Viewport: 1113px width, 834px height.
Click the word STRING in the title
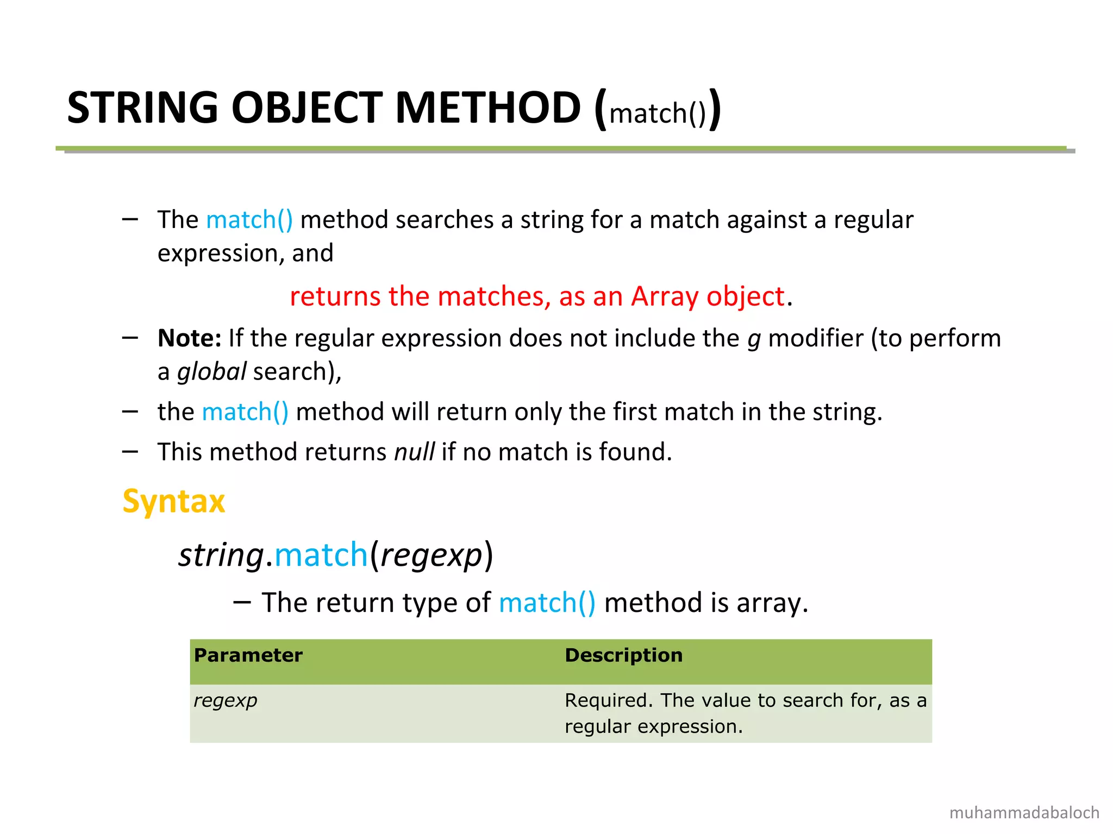(142, 108)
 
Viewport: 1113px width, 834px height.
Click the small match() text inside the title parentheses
(658, 113)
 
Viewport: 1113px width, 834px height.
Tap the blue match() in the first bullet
(249, 220)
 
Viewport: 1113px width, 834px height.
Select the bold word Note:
(189, 338)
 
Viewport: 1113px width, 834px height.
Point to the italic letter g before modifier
(754, 339)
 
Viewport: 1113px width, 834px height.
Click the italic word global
(212, 372)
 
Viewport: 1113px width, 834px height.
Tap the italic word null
(414, 452)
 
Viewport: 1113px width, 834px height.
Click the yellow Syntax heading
(173, 501)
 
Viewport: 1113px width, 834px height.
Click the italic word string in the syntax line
(221, 555)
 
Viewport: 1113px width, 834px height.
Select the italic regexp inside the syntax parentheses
(432, 555)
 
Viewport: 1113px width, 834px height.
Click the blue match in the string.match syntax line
(322, 555)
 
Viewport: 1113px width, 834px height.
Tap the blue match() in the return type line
(547, 603)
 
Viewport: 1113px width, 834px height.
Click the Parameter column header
(248, 655)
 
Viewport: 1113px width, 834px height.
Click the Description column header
(623, 655)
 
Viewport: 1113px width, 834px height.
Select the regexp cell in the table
(226, 700)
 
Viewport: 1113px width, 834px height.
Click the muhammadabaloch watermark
(1024, 813)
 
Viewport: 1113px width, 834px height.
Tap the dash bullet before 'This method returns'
(130, 451)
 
